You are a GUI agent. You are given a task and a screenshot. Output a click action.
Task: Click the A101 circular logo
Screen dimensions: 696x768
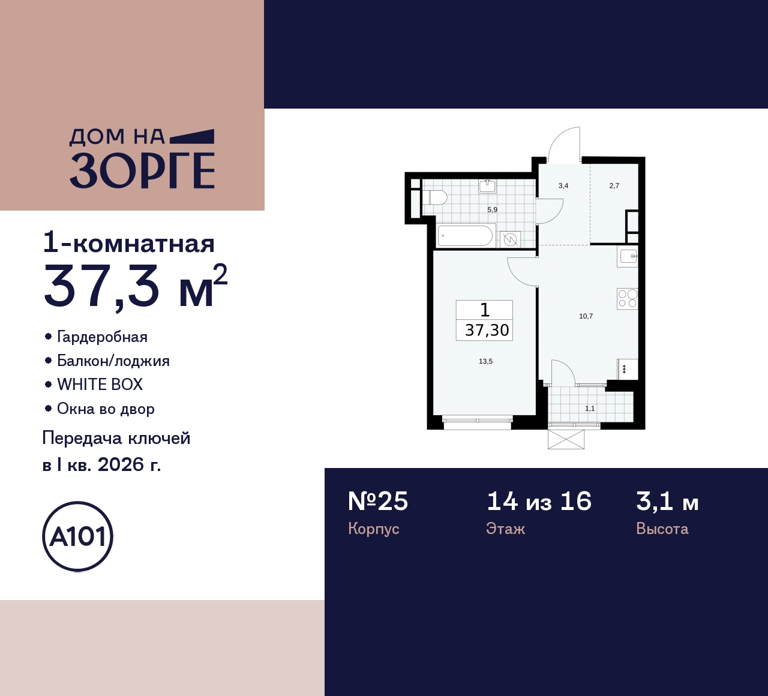point(77,536)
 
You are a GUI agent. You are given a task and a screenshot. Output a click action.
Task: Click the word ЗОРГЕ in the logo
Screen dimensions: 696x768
point(142,171)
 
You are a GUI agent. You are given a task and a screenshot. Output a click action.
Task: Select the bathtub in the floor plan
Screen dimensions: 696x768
point(465,236)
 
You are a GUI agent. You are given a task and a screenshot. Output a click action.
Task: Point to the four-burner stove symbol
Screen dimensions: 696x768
point(627,299)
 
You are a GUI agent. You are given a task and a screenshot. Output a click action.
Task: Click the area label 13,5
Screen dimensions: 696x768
point(485,361)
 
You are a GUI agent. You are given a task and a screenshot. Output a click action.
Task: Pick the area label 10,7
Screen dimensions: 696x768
point(586,316)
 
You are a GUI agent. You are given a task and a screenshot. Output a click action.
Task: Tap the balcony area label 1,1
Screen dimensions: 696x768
point(590,409)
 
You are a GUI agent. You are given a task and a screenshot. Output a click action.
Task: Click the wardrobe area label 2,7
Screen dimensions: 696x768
point(614,186)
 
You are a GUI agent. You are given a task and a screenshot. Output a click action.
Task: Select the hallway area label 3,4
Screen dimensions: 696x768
point(563,186)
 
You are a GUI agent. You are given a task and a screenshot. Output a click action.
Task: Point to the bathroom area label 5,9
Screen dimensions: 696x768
point(492,210)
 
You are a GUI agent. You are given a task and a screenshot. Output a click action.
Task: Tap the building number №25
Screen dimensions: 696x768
point(378,501)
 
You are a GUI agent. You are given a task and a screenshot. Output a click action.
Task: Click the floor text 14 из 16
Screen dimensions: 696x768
point(539,501)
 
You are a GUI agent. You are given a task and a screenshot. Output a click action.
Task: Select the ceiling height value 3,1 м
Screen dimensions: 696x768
point(667,501)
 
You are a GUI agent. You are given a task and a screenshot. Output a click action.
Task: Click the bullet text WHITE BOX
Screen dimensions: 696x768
point(100,385)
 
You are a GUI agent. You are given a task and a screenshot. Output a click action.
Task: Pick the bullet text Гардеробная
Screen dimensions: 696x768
point(102,337)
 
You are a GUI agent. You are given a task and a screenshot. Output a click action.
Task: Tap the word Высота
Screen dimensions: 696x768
point(662,529)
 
